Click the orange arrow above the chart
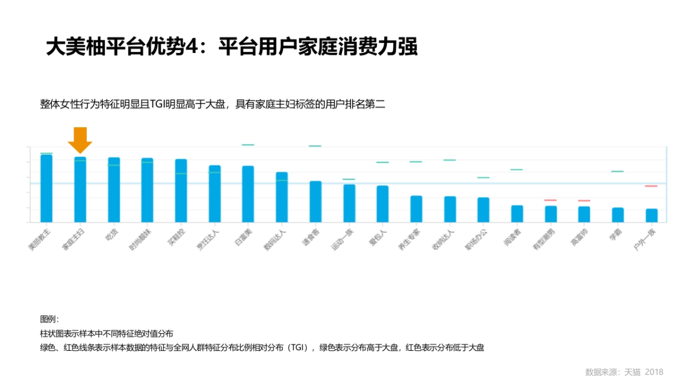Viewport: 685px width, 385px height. point(80,139)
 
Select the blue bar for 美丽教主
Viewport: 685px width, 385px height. point(46,188)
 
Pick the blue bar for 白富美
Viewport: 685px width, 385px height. point(248,193)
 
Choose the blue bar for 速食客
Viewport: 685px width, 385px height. point(315,201)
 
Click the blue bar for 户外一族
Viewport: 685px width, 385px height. point(651,215)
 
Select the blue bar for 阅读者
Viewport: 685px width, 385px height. point(517,213)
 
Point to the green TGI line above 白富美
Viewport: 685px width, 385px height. point(248,145)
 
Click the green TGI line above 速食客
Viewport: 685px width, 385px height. point(315,146)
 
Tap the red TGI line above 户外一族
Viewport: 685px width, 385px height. point(651,186)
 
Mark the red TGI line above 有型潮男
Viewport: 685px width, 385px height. point(550,200)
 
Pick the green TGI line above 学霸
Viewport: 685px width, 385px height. point(618,171)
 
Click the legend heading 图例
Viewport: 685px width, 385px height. point(49,319)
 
